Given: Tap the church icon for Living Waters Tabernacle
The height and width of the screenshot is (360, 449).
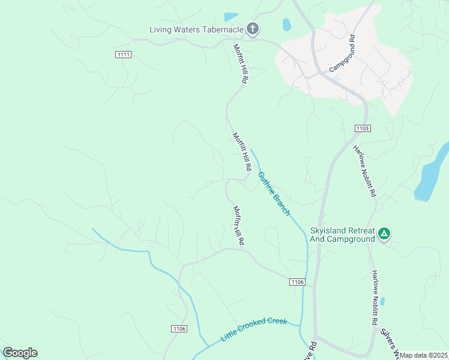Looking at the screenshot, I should pyautogui.click(x=253, y=28).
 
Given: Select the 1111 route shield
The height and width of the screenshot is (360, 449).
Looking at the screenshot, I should pyautogui.click(x=124, y=55).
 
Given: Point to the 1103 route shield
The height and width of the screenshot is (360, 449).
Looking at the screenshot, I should pyautogui.click(x=363, y=128).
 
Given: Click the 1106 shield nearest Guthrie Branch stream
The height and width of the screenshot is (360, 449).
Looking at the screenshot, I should pyautogui.click(x=297, y=282).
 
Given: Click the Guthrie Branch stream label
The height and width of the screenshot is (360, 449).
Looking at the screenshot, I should pyautogui.click(x=274, y=194).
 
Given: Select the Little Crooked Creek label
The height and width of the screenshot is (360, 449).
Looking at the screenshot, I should pyautogui.click(x=254, y=329).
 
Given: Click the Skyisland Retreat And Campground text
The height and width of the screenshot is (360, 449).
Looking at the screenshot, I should pyautogui.click(x=342, y=235).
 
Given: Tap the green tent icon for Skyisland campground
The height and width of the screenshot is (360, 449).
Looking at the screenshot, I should pyautogui.click(x=384, y=233).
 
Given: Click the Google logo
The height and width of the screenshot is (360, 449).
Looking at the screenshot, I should pyautogui.click(x=20, y=353).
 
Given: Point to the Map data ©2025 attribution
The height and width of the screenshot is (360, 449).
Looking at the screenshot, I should pyautogui.click(x=424, y=355).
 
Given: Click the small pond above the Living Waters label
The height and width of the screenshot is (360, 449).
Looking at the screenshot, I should pyautogui.click(x=231, y=17).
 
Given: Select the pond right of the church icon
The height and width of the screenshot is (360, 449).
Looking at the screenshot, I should pyautogui.click(x=286, y=25).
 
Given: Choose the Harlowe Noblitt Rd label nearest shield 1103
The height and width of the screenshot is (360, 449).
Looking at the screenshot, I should pyautogui.click(x=364, y=171).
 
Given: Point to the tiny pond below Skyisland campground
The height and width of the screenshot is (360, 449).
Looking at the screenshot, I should pyautogui.click(x=382, y=301).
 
